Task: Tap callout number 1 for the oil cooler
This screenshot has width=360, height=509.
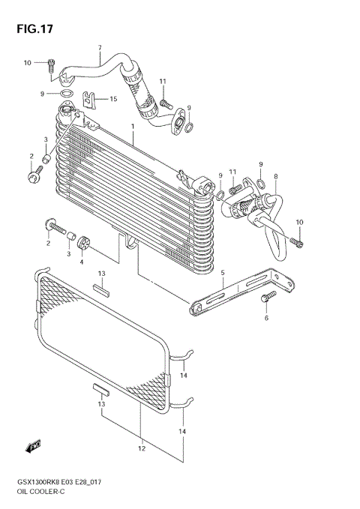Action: click(132, 127)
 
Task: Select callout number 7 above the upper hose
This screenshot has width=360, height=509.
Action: click(99, 49)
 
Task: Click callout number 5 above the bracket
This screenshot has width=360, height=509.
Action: click(222, 273)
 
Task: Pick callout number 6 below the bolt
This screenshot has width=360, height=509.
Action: click(266, 318)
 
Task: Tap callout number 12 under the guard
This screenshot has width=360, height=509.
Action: click(140, 448)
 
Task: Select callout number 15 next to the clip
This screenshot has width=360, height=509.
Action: click(114, 99)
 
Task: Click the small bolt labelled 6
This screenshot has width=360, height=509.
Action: click(266, 299)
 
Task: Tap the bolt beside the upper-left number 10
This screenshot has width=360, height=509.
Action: click(51, 65)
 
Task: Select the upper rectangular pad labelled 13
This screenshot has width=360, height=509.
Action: click(103, 286)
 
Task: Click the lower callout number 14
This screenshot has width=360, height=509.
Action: click(182, 432)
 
